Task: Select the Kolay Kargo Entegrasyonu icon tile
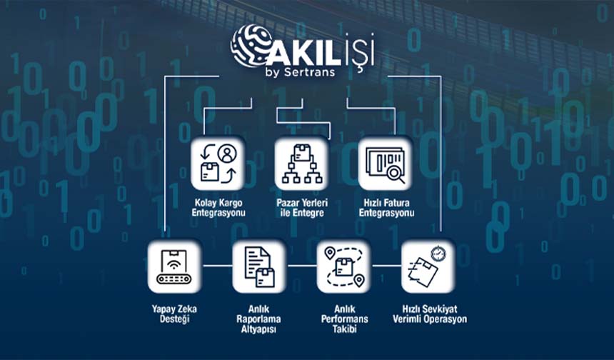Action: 218,163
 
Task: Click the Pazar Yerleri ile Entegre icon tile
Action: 301,163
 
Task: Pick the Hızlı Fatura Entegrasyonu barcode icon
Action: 386,163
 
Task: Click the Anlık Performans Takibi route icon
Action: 343,266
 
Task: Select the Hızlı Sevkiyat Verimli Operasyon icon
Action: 428,266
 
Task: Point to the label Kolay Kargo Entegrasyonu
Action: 218,208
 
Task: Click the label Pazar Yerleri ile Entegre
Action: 301,208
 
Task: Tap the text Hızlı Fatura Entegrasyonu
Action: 386,208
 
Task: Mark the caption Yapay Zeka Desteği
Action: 175,314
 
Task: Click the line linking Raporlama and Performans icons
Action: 301,266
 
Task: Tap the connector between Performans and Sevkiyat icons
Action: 386,266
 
